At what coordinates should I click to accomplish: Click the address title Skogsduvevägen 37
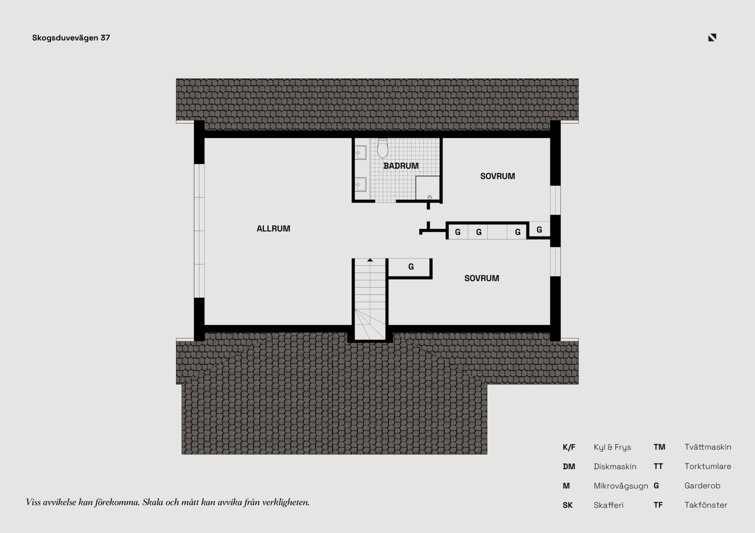pyautogui.click(x=71, y=38)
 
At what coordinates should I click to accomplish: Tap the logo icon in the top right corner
pyautogui.click(x=712, y=37)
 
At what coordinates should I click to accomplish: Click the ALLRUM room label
pyautogui.click(x=273, y=229)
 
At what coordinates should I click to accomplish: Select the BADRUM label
pyautogui.click(x=401, y=166)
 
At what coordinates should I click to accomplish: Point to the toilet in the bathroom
pyautogui.click(x=382, y=148)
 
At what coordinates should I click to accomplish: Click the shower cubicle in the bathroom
pyautogui.click(x=427, y=188)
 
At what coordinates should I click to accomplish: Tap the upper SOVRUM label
pyautogui.click(x=497, y=176)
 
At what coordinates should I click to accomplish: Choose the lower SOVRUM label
pyautogui.click(x=482, y=278)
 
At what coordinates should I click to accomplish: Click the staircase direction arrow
pyautogui.click(x=370, y=260)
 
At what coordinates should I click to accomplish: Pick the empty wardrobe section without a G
pyautogui.click(x=497, y=232)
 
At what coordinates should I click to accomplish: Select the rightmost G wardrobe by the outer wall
pyautogui.click(x=539, y=230)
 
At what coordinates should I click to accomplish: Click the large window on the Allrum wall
pyautogui.click(x=199, y=231)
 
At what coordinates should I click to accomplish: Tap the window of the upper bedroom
pyautogui.click(x=555, y=200)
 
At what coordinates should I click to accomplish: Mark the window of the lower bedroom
pyautogui.click(x=555, y=262)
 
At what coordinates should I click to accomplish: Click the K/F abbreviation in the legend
pyautogui.click(x=569, y=447)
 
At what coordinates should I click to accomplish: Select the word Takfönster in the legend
pyautogui.click(x=706, y=505)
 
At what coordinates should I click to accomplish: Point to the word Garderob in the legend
pyautogui.click(x=702, y=486)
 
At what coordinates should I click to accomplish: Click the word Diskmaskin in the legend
pyautogui.click(x=615, y=467)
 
